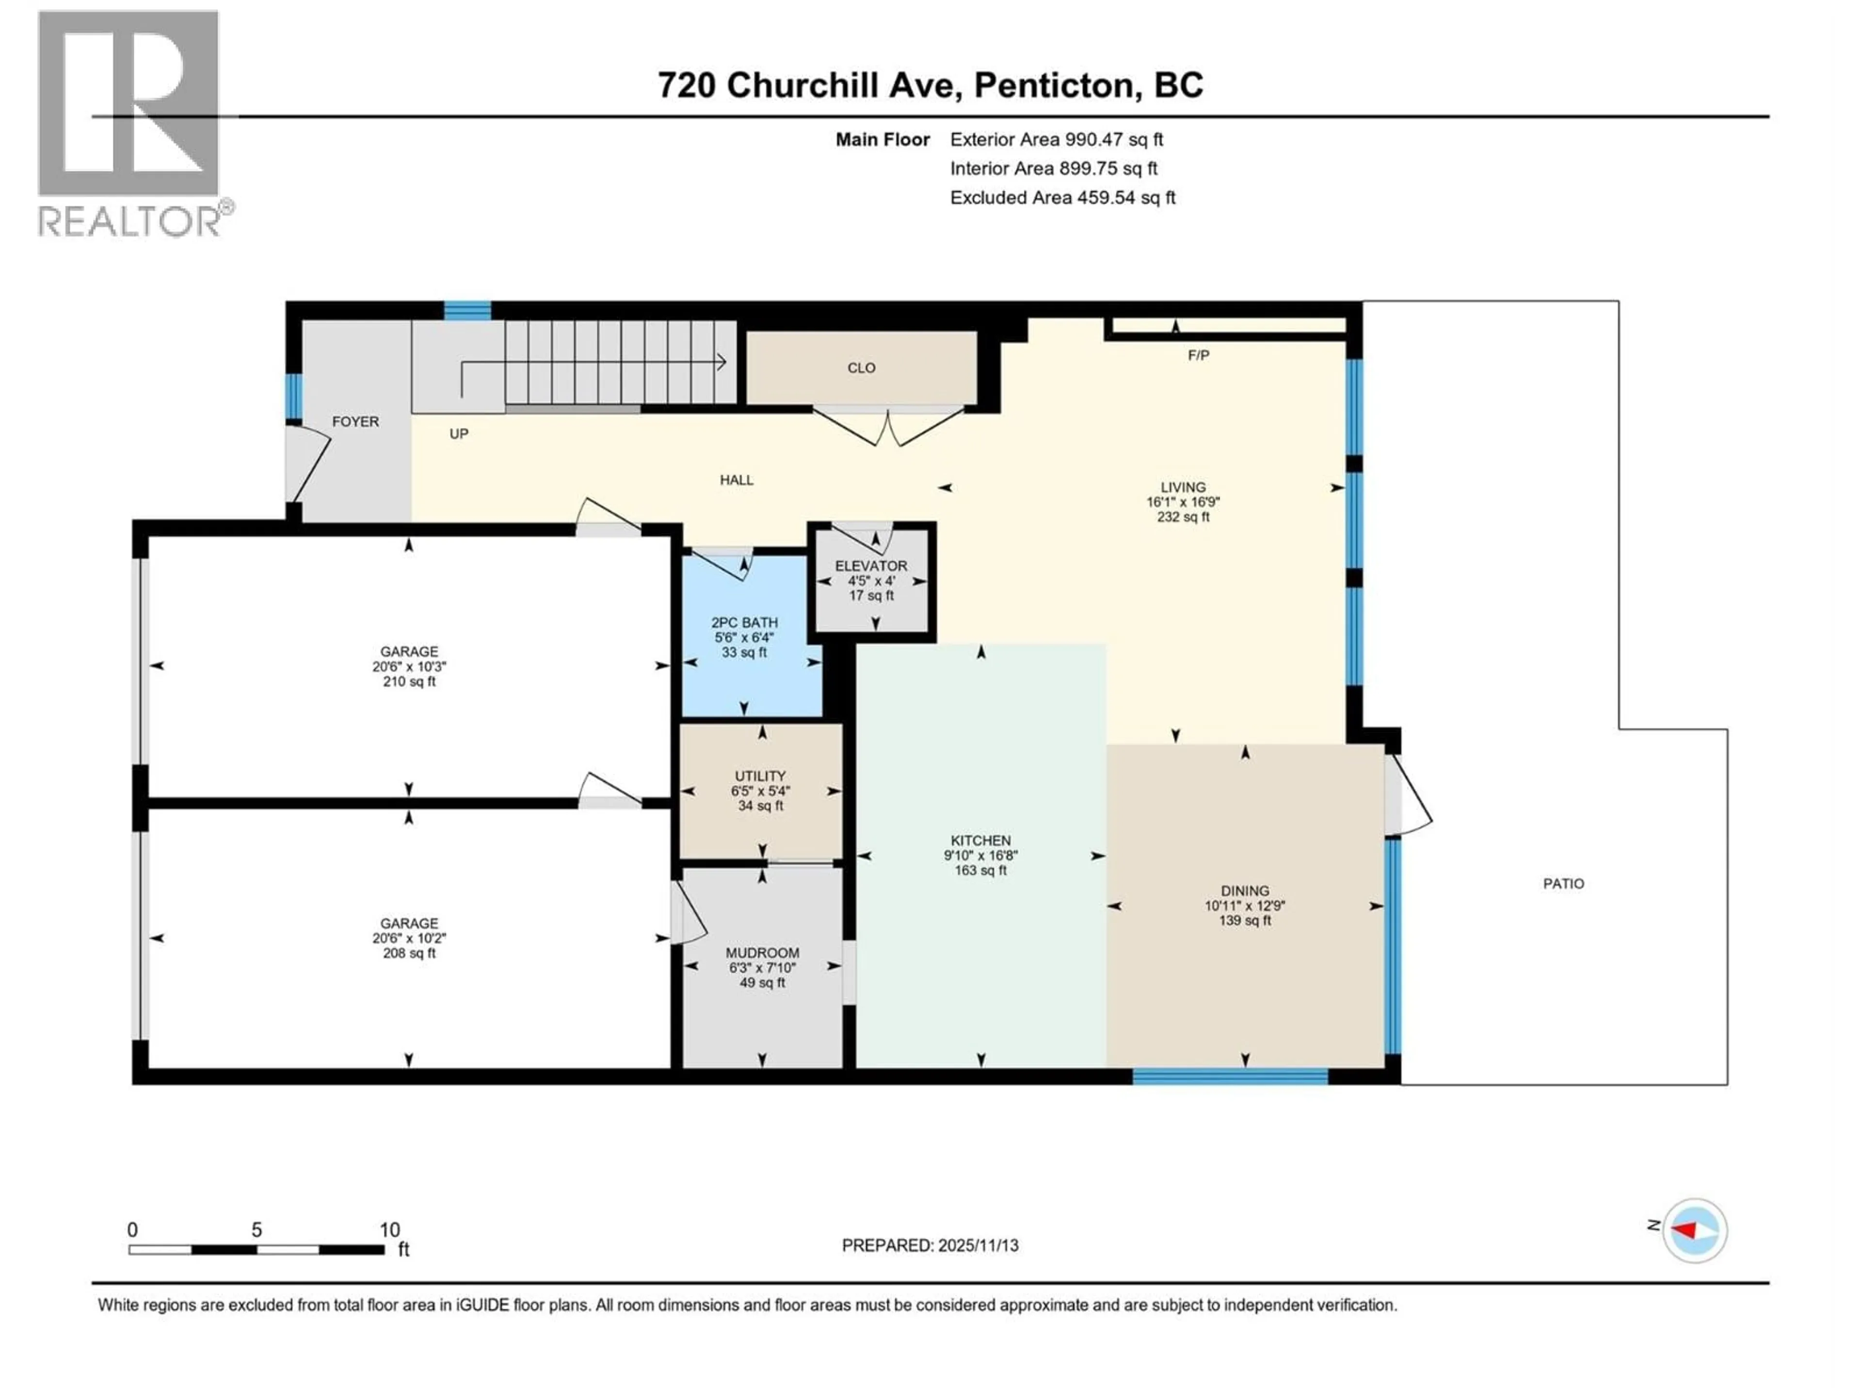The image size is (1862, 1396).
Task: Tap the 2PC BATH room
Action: pyautogui.click(x=744, y=637)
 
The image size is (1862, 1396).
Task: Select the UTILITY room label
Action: pyautogui.click(x=760, y=776)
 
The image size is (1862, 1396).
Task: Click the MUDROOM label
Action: pyautogui.click(x=762, y=952)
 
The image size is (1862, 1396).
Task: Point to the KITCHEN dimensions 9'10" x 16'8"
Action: pyautogui.click(x=980, y=856)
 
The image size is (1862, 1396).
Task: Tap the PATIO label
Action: pyautogui.click(x=1563, y=884)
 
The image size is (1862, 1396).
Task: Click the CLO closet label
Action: pyautogui.click(x=861, y=368)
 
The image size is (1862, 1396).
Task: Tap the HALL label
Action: pyautogui.click(x=737, y=480)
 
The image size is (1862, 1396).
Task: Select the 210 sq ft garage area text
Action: pyautogui.click(x=409, y=682)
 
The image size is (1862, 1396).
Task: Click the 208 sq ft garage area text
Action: pyautogui.click(x=409, y=953)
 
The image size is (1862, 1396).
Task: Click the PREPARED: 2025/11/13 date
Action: pyautogui.click(x=930, y=1245)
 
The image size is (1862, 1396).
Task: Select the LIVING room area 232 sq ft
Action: pyautogui.click(x=1183, y=517)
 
